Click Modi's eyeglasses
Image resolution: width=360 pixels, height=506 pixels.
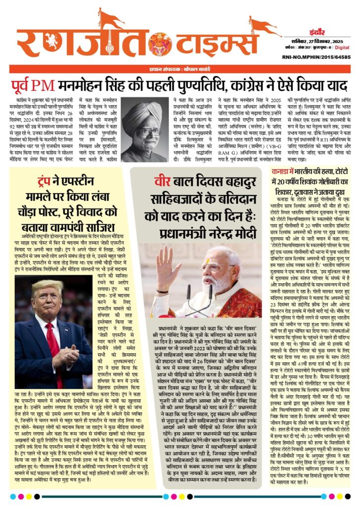(218, 267)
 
